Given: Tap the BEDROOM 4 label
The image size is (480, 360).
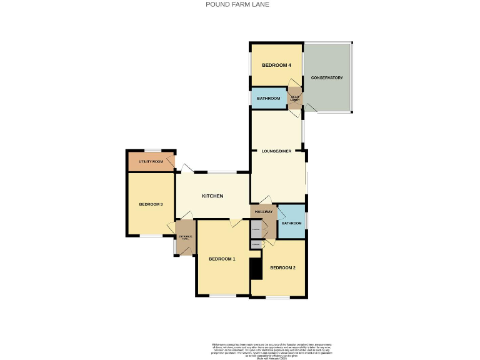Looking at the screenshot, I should tap(276, 65).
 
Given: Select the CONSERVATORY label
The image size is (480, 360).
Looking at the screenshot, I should tap(327, 77).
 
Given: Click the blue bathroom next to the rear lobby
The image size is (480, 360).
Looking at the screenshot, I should tap(268, 98).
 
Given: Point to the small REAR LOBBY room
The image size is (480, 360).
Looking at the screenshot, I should tap(294, 99).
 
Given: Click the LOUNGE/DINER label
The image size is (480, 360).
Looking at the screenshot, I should tap(276, 151).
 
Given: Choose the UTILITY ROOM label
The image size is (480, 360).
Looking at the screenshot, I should tap(151, 162).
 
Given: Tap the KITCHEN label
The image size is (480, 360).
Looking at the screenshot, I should tap(212, 196).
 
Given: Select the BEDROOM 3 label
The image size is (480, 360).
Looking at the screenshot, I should tap(151, 204).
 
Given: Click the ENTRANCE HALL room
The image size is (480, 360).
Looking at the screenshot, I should tap(185, 237).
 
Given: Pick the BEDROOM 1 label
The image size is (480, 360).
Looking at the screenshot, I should tap(222, 259).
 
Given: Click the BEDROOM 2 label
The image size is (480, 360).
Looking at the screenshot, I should tap(282, 267).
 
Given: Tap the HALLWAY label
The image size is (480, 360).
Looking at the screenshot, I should tap(264, 212).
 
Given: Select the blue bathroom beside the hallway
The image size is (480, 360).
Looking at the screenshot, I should tap(291, 222).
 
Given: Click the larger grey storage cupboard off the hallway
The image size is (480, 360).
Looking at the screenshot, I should tap(256, 229).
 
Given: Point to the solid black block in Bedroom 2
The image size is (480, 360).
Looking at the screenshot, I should tap(255, 269).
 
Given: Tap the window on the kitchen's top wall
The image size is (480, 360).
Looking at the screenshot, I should tap(221, 172).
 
